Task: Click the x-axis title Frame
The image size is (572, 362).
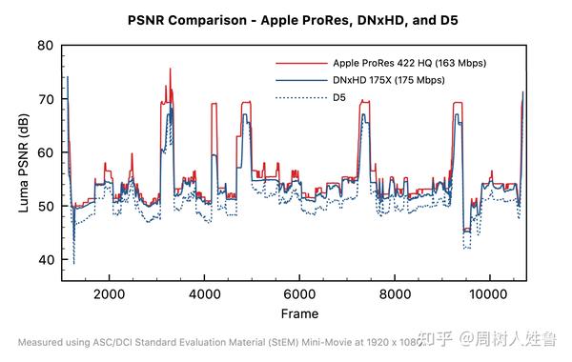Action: click(299, 313)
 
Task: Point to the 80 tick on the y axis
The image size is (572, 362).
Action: click(45, 46)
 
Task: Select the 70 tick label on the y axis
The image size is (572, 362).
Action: click(45, 99)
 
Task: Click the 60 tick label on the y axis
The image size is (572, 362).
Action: click(45, 152)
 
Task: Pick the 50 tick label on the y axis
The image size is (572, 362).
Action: click(45, 206)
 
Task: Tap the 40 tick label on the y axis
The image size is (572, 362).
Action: click(45, 259)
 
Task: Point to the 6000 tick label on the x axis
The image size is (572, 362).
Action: click(299, 293)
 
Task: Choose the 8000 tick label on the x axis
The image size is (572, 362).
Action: click(394, 293)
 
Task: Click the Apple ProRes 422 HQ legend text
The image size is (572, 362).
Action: click(410, 63)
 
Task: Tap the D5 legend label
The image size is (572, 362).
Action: click(339, 97)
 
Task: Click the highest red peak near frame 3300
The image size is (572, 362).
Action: click(171, 70)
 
